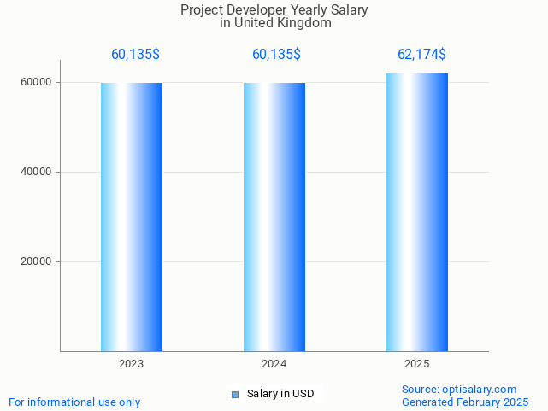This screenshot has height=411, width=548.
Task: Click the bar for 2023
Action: tap(132, 217)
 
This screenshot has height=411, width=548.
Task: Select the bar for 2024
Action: tap(274, 217)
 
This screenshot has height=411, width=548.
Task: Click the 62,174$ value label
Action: tap(421, 55)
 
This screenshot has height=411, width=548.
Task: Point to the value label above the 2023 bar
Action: tap(135, 55)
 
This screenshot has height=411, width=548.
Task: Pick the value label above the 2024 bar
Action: tap(276, 55)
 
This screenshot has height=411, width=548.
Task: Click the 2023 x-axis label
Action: tap(132, 364)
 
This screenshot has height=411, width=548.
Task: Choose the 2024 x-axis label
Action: tap(274, 364)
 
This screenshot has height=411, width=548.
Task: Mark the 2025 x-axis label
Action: tap(417, 364)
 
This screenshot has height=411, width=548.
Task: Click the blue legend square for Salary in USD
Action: tap(235, 394)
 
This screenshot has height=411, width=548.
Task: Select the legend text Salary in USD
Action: tap(280, 394)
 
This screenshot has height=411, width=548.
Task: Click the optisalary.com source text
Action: tap(459, 390)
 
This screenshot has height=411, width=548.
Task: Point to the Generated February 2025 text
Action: tap(465, 402)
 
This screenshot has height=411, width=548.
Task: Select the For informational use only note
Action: tap(74, 402)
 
